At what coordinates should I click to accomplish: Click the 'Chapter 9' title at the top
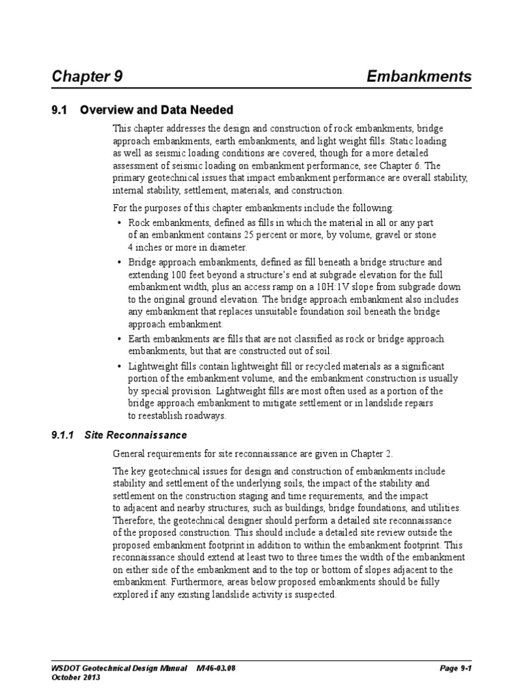point(87,76)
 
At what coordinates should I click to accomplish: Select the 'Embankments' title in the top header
point(419,76)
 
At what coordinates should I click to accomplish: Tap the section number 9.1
point(61,110)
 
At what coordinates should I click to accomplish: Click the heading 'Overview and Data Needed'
point(157,110)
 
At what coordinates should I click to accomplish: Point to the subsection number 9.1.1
point(66,435)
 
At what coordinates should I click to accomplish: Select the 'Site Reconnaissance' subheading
point(136,435)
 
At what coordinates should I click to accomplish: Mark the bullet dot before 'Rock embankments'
point(119,223)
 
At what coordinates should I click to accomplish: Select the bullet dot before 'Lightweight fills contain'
point(119,366)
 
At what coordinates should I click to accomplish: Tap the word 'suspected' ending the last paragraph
point(315,594)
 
